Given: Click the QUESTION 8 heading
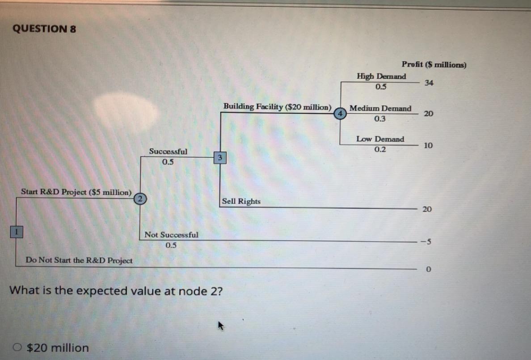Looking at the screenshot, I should (44, 29).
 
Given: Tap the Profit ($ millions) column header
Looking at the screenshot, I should (434, 65).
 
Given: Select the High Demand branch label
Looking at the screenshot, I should (381, 76).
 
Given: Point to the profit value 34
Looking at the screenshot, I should (429, 83).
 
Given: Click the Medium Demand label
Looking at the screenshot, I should (380, 109).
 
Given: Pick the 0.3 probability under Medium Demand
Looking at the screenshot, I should (380, 119).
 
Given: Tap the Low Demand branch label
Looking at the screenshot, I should (380, 139).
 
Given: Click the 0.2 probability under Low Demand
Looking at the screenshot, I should (380, 150).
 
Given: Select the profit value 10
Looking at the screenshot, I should (428, 146).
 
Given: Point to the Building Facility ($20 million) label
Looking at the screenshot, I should (277, 107).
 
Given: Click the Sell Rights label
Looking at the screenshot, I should (241, 201).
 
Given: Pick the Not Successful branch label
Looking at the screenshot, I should (171, 235).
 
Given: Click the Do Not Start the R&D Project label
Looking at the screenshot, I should (79, 260).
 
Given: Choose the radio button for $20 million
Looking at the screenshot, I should (19, 347).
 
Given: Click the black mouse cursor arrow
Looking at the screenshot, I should (220, 327).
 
